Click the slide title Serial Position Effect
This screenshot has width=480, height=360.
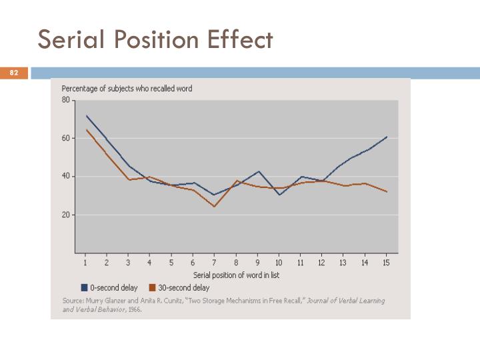155,40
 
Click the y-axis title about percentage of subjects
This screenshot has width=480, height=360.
127,89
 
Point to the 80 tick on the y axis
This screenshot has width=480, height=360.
65,100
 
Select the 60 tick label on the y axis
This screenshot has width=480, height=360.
65,139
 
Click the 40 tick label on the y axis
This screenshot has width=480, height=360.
65,177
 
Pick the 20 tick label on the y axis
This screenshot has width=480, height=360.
65,215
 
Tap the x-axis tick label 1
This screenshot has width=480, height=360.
85,263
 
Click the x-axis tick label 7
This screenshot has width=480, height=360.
214,263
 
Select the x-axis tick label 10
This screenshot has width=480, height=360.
279,263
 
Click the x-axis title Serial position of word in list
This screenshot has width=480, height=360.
236,275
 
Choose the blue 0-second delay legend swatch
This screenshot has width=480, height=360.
85,288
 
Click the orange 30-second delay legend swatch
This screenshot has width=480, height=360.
152,288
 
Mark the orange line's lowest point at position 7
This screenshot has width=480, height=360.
214,206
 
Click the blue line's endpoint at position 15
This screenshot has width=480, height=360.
387,137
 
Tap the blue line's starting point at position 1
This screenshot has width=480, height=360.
86,115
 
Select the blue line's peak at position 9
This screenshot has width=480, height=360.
258,171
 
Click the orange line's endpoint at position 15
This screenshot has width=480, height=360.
387,192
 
